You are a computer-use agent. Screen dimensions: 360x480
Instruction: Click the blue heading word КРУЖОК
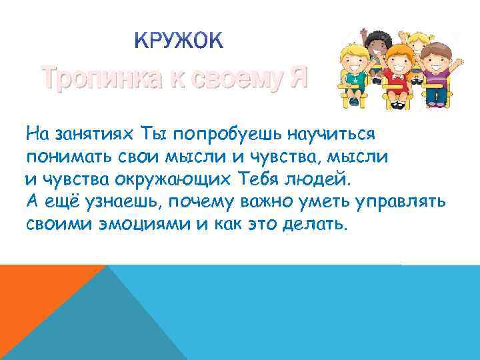point(180,42)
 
